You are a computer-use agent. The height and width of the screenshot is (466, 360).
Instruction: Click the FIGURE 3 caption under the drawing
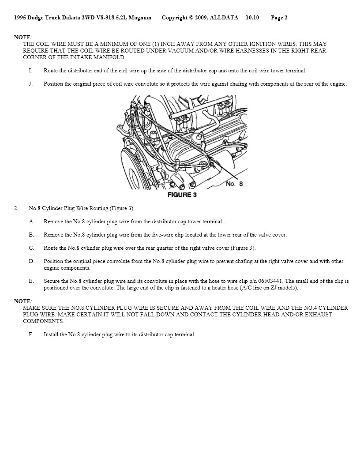coord(182,195)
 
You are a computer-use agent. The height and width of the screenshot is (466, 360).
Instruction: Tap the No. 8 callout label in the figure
coord(234,184)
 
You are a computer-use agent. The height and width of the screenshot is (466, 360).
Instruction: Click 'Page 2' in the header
coord(279,18)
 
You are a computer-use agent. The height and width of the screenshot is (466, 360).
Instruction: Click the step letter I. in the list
coord(30,71)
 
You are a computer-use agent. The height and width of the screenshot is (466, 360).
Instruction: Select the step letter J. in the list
coord(31,84)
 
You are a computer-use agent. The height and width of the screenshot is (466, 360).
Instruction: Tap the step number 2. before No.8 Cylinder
coord(16,208)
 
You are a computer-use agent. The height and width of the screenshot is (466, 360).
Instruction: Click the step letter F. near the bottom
coord(31,334)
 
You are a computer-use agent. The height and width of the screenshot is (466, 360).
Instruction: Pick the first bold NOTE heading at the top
coord(22,38)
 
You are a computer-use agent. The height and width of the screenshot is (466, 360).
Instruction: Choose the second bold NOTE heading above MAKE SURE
coord(22,301)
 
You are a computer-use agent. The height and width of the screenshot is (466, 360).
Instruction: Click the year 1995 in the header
coord(20,18)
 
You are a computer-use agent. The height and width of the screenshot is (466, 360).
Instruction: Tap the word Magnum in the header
coord(142,18)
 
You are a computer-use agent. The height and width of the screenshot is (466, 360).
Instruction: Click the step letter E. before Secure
coord(31,281)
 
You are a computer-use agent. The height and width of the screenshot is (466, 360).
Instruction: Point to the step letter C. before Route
coord(31,248)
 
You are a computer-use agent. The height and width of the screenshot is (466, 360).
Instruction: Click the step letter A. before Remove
coord(31,222)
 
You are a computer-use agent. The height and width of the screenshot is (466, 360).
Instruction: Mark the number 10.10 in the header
coord(252,18)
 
